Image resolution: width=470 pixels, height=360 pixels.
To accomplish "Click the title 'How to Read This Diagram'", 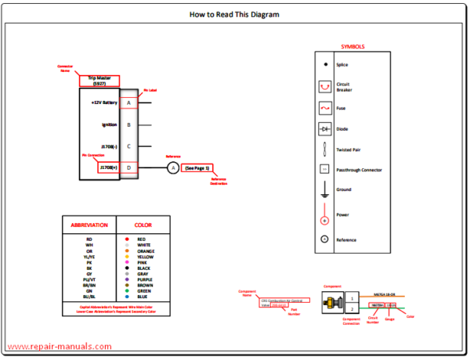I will (x=234, y=14).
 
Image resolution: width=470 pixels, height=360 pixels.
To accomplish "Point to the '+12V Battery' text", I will (x=103, y=103).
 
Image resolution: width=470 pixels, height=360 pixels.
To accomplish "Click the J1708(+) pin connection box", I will (x=108, y=167).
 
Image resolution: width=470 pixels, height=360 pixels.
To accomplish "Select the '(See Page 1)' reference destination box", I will (x=197, y=167).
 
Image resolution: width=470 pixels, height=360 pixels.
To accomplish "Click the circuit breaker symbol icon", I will (x=324, y=86).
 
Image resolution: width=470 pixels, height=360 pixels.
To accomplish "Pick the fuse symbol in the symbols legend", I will (x=324, y=108).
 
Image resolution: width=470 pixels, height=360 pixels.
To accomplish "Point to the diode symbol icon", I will (x=324, y=128).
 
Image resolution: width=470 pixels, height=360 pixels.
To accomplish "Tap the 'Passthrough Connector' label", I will (x=358, y=168).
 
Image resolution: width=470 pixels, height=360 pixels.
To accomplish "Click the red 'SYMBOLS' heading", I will (x=352, y=47).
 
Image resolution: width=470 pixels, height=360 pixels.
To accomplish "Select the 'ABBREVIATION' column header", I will (x=89, y=225).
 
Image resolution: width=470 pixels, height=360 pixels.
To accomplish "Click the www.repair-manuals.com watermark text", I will (x=59, y=347).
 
